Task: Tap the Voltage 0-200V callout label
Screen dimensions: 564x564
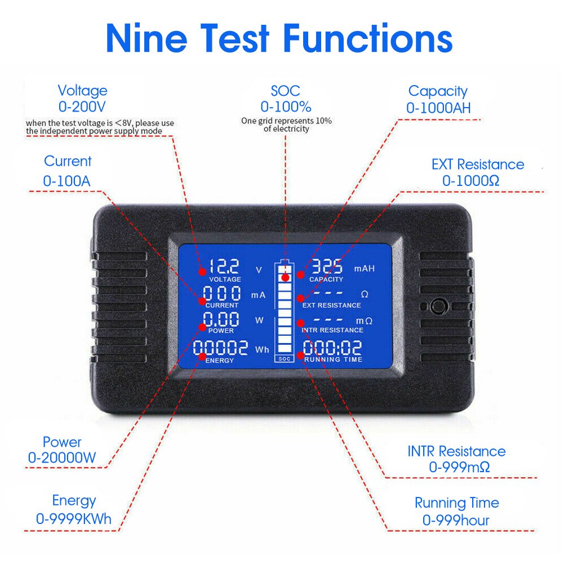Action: [x=82, y=98]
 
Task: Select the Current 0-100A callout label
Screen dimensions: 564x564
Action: [x=67, y=171]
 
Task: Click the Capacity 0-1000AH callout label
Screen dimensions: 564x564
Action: [x=438, y=99]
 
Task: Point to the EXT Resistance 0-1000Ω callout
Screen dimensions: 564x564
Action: [x=477, y=172]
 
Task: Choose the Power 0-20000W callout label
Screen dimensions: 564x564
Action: [x=62, y=450]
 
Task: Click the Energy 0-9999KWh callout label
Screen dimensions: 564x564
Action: [x=74, y=509]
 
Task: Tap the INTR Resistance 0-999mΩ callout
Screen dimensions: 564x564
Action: [x=456, y=459]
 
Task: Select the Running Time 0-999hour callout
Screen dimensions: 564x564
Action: [x=456, y=511]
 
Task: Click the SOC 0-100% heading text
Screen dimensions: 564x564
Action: [x=285, y=98]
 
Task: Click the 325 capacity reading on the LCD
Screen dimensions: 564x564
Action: [x=327, y=265]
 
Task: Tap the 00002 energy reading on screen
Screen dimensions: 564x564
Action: [x=220, y=348]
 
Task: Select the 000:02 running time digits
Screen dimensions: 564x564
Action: [x=332, y=348]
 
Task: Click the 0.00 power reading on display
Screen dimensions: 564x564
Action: [x=221, y=319]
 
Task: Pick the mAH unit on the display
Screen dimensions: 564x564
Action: [x=364, y=269]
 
